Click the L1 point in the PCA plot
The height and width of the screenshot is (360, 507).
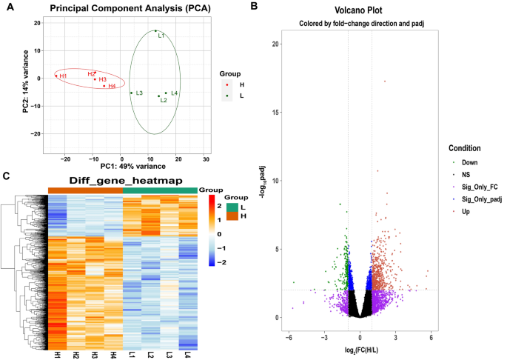(155, 31)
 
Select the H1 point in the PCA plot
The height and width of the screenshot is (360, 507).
(56, 76)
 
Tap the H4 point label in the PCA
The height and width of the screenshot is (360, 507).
(112, 87)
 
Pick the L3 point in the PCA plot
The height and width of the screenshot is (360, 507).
(131, 93)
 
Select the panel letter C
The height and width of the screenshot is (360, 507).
(6, 176)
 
